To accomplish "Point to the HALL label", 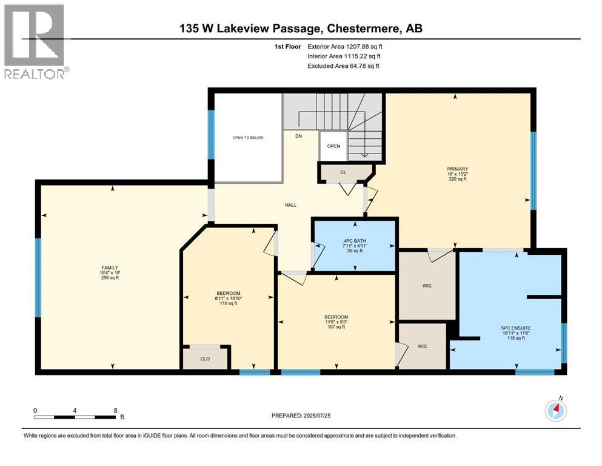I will (291, 206).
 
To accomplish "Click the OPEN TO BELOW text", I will (249, 138).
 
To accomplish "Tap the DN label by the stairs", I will (299, 137).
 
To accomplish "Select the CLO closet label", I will (205, 359).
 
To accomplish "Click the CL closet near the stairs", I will (343, 173).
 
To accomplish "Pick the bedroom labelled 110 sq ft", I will (229, 298).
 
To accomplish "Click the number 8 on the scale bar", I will (115, 410).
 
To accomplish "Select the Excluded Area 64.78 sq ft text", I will (344, 66).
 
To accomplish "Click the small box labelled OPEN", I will (333, 146).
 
